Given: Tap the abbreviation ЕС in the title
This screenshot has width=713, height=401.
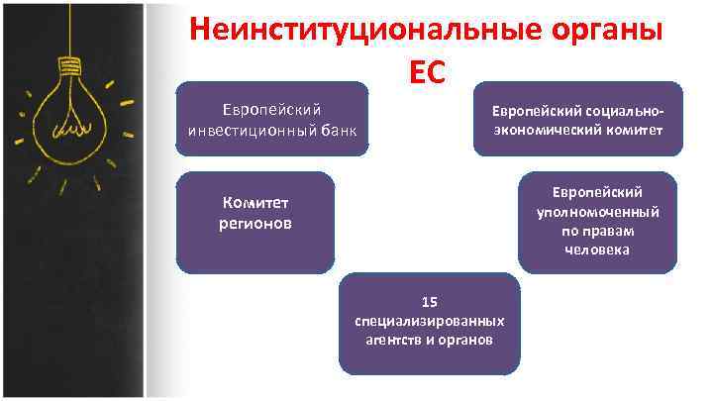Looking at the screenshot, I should tap(427, 71).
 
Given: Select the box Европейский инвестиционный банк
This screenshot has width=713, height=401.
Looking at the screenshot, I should tap(271, 119).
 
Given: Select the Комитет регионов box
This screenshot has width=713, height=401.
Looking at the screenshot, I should tap(255, 223).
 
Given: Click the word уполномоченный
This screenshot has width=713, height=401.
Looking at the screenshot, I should tap(597, 211).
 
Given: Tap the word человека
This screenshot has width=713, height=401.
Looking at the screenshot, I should tap(597, 250).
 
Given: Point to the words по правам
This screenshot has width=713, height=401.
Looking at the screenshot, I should tap(597, 231).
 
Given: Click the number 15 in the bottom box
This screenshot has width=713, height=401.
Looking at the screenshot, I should tap(429, 302).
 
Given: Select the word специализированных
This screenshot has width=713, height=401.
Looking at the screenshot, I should tap(429, 321).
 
